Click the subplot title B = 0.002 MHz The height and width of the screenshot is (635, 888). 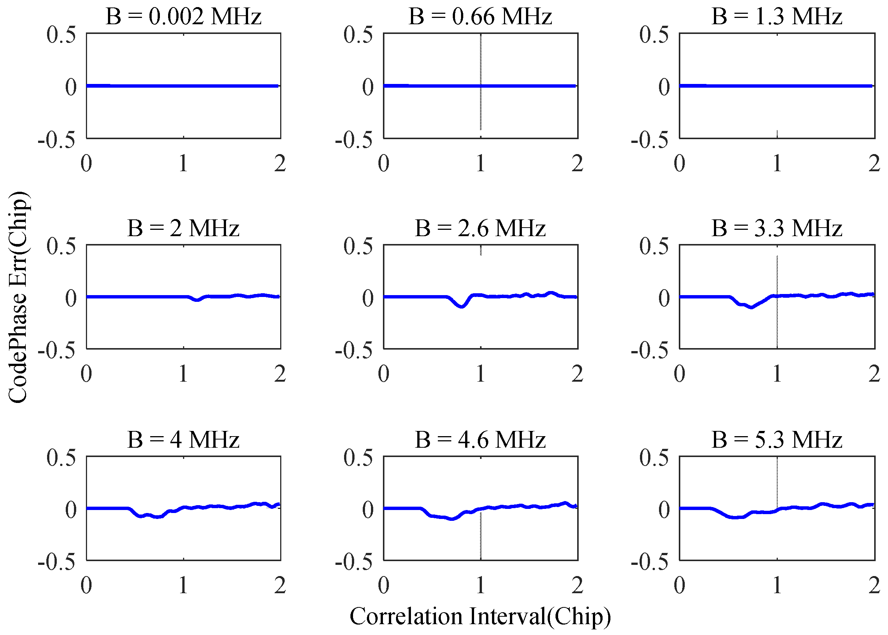coord(183,17)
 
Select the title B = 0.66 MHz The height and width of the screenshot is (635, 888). coord(480,17)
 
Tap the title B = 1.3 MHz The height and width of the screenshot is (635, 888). coord(776,17)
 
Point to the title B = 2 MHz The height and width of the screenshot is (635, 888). coord(183,228)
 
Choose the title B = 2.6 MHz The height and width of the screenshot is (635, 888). coord(480,228)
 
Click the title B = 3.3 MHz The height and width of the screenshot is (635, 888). coord(776,228)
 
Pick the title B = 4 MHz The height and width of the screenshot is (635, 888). coord(183,440)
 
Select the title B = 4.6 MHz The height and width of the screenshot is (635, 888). coord(480,440)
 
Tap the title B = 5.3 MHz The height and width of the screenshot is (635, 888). coord(776,440)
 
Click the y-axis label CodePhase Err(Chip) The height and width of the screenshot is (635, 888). coord(18,297)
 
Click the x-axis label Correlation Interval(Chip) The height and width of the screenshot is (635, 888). coord(480,617)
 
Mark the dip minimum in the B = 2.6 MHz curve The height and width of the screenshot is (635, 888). coord(462,307)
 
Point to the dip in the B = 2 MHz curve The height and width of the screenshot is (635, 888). coord(197,300)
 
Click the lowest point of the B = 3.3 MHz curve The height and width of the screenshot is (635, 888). coord(751,307)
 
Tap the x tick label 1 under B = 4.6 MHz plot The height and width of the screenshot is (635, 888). coord(480,585)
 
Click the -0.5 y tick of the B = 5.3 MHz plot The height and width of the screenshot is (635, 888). coord(650,562)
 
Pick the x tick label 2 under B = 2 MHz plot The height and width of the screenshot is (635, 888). coord(280,374)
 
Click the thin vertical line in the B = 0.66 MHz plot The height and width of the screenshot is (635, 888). coord(481,59)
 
